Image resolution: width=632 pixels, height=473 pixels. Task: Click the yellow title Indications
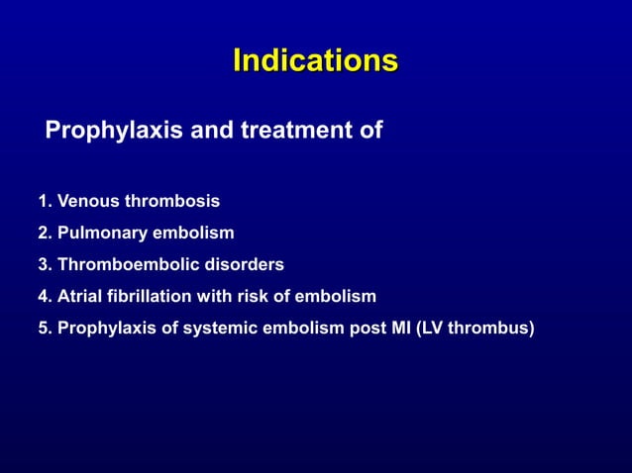(315, 61)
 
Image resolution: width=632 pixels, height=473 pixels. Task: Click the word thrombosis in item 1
(171, 202)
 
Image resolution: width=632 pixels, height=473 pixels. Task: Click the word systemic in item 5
(220, 328)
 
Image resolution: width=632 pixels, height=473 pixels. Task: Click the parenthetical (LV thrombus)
(477, 328)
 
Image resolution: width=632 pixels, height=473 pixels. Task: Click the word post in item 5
(367, 328)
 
